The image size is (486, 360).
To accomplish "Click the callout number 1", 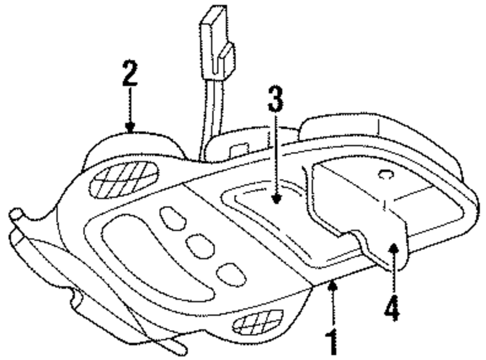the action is tap(332, 341).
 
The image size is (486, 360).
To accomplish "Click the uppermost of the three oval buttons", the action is tap(173, 218).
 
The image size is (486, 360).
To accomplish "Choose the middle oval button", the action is tap(199, 246).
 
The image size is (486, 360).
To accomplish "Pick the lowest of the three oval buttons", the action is tap(231, 274).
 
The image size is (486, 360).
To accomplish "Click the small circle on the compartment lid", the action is tap(386, 174).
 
